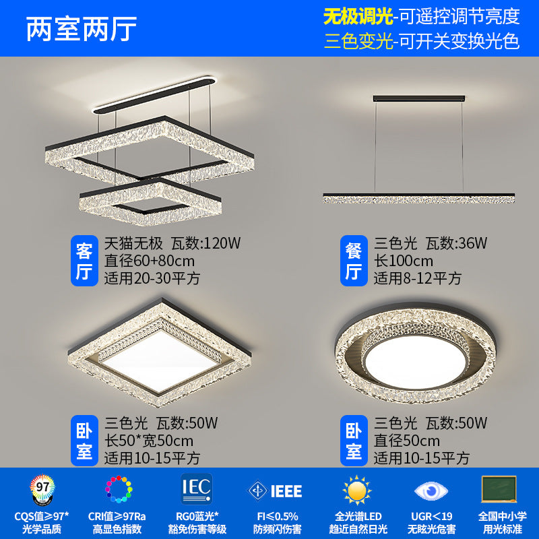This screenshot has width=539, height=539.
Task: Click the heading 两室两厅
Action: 82,28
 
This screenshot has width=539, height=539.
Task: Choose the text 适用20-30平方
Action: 152,278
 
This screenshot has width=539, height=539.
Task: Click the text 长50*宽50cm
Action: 149,441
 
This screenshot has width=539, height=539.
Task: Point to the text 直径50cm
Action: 407,441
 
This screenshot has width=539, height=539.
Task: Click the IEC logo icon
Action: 197,486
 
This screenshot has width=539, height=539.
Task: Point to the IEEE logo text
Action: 286,490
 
